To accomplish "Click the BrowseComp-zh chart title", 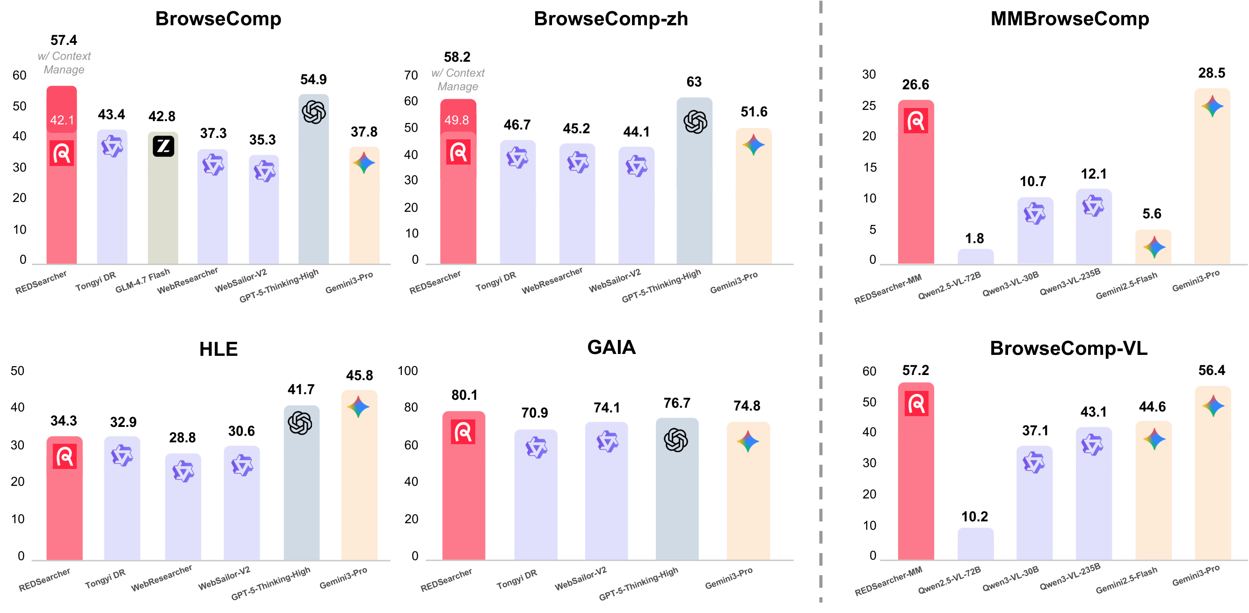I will click(610, 19).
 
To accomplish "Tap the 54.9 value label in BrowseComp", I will click(313, 79).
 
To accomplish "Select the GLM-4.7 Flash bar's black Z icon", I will click(163, 146).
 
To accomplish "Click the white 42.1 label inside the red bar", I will click(62, 120).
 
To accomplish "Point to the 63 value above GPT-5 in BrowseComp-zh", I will click(693, 81).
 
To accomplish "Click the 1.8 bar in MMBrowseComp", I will click(975, 256).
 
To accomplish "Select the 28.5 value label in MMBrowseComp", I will click(1211, 72).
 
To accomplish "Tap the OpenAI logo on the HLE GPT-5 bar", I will click(300, 423).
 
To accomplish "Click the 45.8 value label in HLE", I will click(359, 375).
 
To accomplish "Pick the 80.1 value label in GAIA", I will click(464, 395).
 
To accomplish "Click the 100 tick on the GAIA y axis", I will click(407, 371).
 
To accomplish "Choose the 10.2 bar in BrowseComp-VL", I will click(975, 543).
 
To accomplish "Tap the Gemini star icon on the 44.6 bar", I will click(1154, 439).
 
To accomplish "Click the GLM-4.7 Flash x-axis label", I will click(143, 281).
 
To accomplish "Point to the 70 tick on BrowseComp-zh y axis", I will click(411, 75).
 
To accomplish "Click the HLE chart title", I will click(218, 349).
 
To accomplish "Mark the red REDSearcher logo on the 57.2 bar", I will click(916, 404).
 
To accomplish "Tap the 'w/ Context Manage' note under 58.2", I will click(457, 79).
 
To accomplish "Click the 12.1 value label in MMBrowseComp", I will click(1093, 173).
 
